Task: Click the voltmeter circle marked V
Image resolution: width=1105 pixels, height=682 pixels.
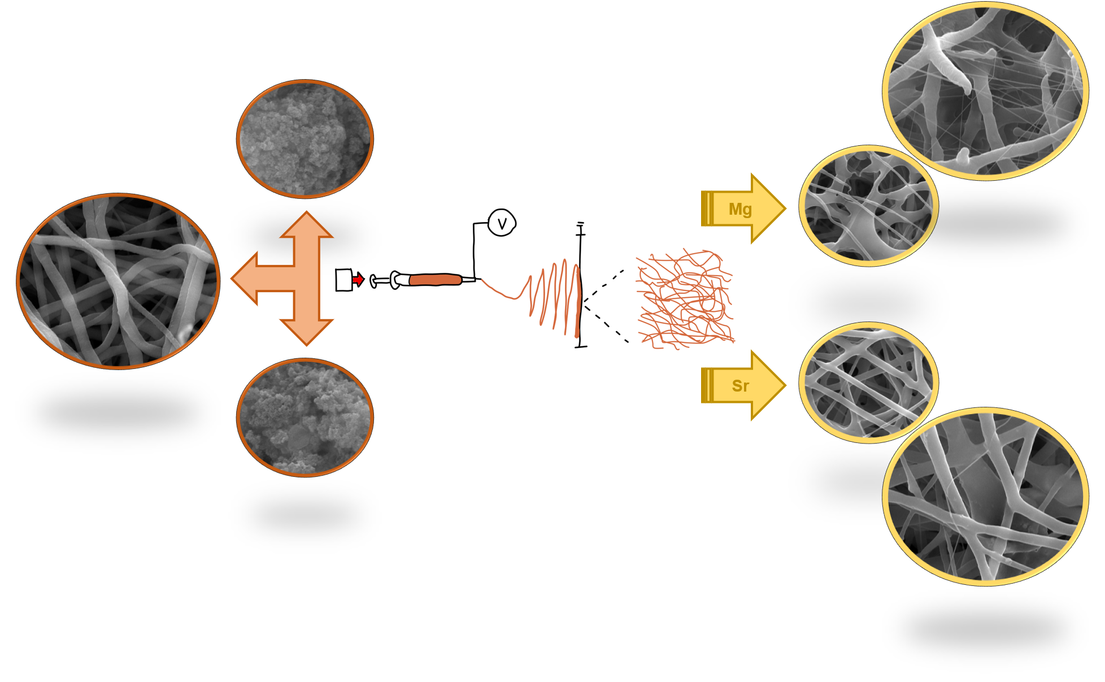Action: click(x=502, y=223)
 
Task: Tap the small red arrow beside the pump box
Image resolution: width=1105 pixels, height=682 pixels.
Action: click(x=358, y=279)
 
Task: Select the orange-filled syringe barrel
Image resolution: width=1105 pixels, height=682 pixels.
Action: click(x=435, y=280)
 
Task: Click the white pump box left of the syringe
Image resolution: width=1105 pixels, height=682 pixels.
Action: click(x=343, y=280)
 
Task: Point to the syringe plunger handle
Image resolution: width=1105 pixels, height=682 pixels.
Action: click(x=374, y=280)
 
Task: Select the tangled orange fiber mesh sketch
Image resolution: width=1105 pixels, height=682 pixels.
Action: click(x=685, y=299)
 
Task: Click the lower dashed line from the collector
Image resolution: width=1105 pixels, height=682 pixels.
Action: click(x=606, y=324)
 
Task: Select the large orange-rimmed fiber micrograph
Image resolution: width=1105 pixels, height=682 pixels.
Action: click(x=118, y=281)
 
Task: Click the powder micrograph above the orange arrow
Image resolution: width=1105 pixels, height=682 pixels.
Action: click(x=305, y=139)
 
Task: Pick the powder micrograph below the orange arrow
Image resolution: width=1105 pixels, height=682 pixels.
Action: click(x=305, y=418)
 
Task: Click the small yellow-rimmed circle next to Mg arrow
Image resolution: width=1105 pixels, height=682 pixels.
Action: click(x=868, y=206)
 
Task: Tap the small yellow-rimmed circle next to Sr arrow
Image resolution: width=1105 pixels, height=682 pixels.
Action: click(x=868, y=383)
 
